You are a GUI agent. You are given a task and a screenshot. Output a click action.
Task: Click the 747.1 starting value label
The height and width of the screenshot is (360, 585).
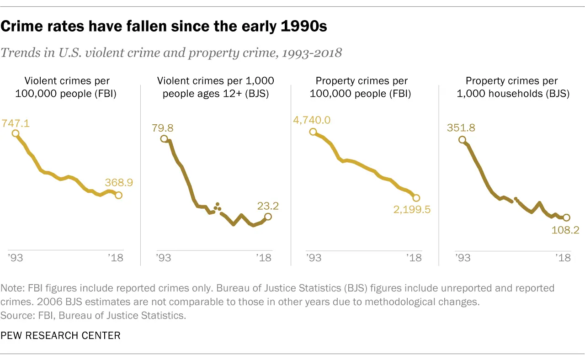click(x=16, y=123)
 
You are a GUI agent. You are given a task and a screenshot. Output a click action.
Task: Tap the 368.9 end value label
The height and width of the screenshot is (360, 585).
click(x=119, y=182)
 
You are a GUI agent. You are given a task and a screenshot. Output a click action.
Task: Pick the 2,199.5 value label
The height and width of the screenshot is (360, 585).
click(x=412, y=210)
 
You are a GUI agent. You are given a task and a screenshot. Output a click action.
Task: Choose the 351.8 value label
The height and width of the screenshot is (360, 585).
click(x=462, y=128)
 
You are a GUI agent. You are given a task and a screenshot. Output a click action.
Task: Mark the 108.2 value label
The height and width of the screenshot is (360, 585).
click(x=566, y=229)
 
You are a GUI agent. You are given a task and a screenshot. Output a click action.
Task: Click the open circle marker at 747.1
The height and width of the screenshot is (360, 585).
click(x=16, y=133)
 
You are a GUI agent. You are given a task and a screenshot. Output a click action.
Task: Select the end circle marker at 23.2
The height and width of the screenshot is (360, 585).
click(x=268, y=217)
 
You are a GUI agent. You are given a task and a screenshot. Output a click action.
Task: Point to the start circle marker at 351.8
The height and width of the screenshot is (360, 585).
click(x=462, y=140)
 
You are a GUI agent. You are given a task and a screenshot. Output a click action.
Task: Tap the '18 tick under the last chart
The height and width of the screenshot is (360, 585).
click(x=563, y=258)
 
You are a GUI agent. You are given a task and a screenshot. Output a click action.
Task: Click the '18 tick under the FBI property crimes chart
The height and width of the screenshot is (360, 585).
click(x=414, y=258)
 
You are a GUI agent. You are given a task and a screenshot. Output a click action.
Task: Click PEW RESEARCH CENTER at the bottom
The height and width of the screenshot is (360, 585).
click(x=60, y=336)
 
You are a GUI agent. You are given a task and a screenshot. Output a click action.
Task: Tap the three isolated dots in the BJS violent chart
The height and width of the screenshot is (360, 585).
click(x=217, y=206)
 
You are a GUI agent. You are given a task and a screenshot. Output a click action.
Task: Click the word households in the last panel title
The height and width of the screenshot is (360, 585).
click(x=522, y=94)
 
